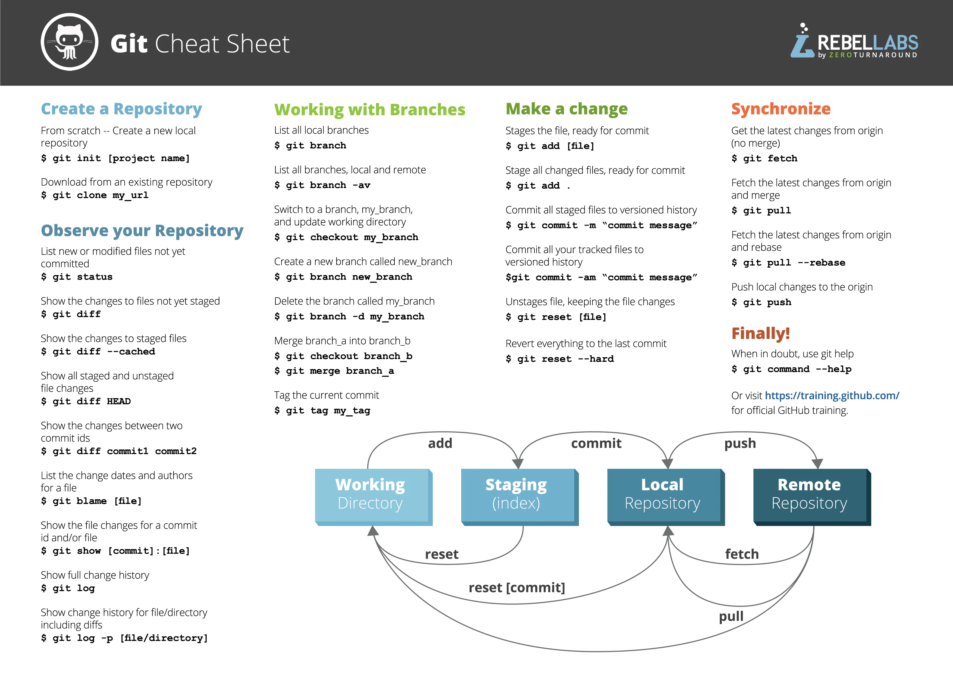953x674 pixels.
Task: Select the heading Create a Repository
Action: pos(121,109)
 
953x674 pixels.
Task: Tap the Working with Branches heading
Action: pos(369,110)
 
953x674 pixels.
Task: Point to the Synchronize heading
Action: pos(781,109)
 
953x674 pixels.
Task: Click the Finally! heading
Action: pos(760,333)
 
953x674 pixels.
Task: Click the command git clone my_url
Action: pos(95,195)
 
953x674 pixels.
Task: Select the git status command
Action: pos(77,277)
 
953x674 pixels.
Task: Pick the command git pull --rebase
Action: pos(788,263)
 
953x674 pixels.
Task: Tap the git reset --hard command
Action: pos(560,359)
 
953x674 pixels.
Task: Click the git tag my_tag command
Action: pos(322,411)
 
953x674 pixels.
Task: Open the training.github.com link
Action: pos(832,395)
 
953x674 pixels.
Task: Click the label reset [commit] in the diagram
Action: pos(517,588)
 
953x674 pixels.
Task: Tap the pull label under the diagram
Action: pos(731,616)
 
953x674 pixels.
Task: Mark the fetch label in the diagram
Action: pos(742,554)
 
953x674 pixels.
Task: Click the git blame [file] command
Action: pos(91,501)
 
